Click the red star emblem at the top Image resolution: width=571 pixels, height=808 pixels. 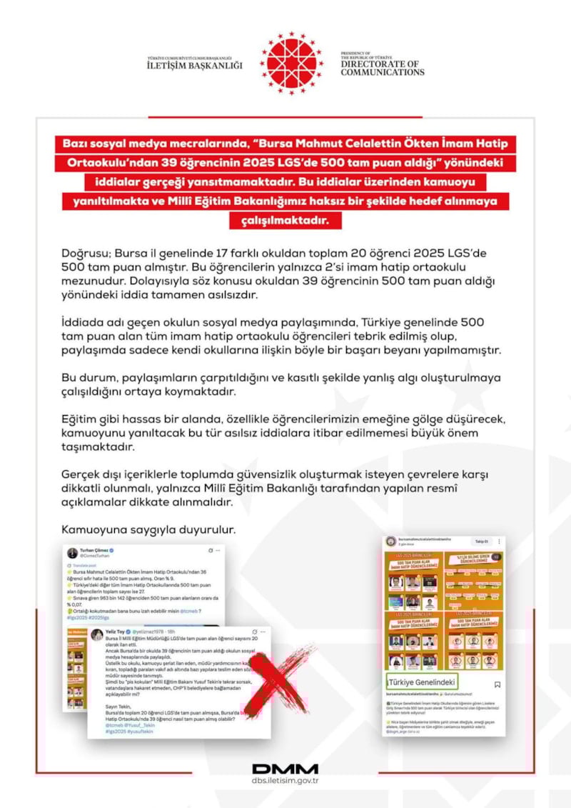(292, 64)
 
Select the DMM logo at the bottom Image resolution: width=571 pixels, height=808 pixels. (285, 769)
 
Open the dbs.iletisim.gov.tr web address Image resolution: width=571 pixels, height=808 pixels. (285, 783)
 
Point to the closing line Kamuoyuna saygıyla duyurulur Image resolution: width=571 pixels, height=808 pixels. (148, 530)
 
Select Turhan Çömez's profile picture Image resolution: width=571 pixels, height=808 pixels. (73, 553)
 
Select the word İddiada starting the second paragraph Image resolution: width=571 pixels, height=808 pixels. (84, 323)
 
